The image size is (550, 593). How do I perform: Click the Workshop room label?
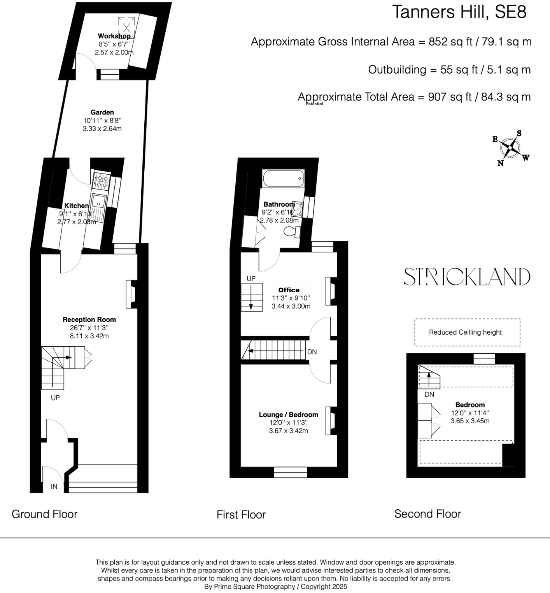coord(114,36)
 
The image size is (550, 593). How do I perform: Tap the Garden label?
coord(102,112)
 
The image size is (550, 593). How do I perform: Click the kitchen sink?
coord(99,202)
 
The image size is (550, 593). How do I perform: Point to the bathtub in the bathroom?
coord(283,179)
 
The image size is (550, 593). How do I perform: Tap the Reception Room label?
coord(89,320)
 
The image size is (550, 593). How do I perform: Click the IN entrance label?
coord(54,486)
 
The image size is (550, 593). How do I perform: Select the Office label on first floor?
coord(289,290)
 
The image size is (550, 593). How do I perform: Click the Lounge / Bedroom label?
coord(289,415)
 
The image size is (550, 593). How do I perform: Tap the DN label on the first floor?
coord(312,352)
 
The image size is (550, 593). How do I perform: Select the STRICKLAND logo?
coord(467,277)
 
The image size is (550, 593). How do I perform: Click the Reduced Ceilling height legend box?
coord(467,332)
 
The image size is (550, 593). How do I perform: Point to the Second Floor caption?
coord(427,514)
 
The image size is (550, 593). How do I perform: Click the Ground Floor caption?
coord(45,514)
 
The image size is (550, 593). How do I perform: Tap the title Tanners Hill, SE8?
coord(459,12)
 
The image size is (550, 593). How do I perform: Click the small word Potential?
coord(314,104)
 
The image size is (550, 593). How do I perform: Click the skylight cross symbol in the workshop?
coord(127,28)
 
